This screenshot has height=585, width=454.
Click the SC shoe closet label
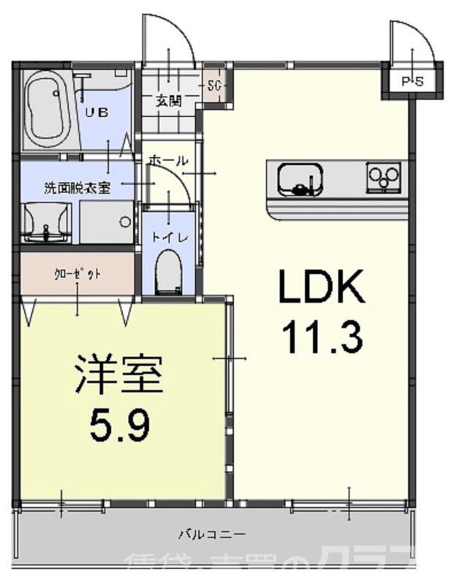pyautogui.click(x=215, y=86)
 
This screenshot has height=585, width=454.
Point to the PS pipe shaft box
pyautogui.click(x=412, y=81)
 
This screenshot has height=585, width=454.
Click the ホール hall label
pyautogui.click(x=168, y=161)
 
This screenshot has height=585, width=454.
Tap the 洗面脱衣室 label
pyautogui.click(x=77, y=187)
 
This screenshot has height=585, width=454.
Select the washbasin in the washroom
pyautogui.click(x=46, y=222)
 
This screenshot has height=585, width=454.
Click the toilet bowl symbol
pyautogui.click(x=170, y=271)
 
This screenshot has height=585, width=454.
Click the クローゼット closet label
pyautogui.click(x=77, y=274)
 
